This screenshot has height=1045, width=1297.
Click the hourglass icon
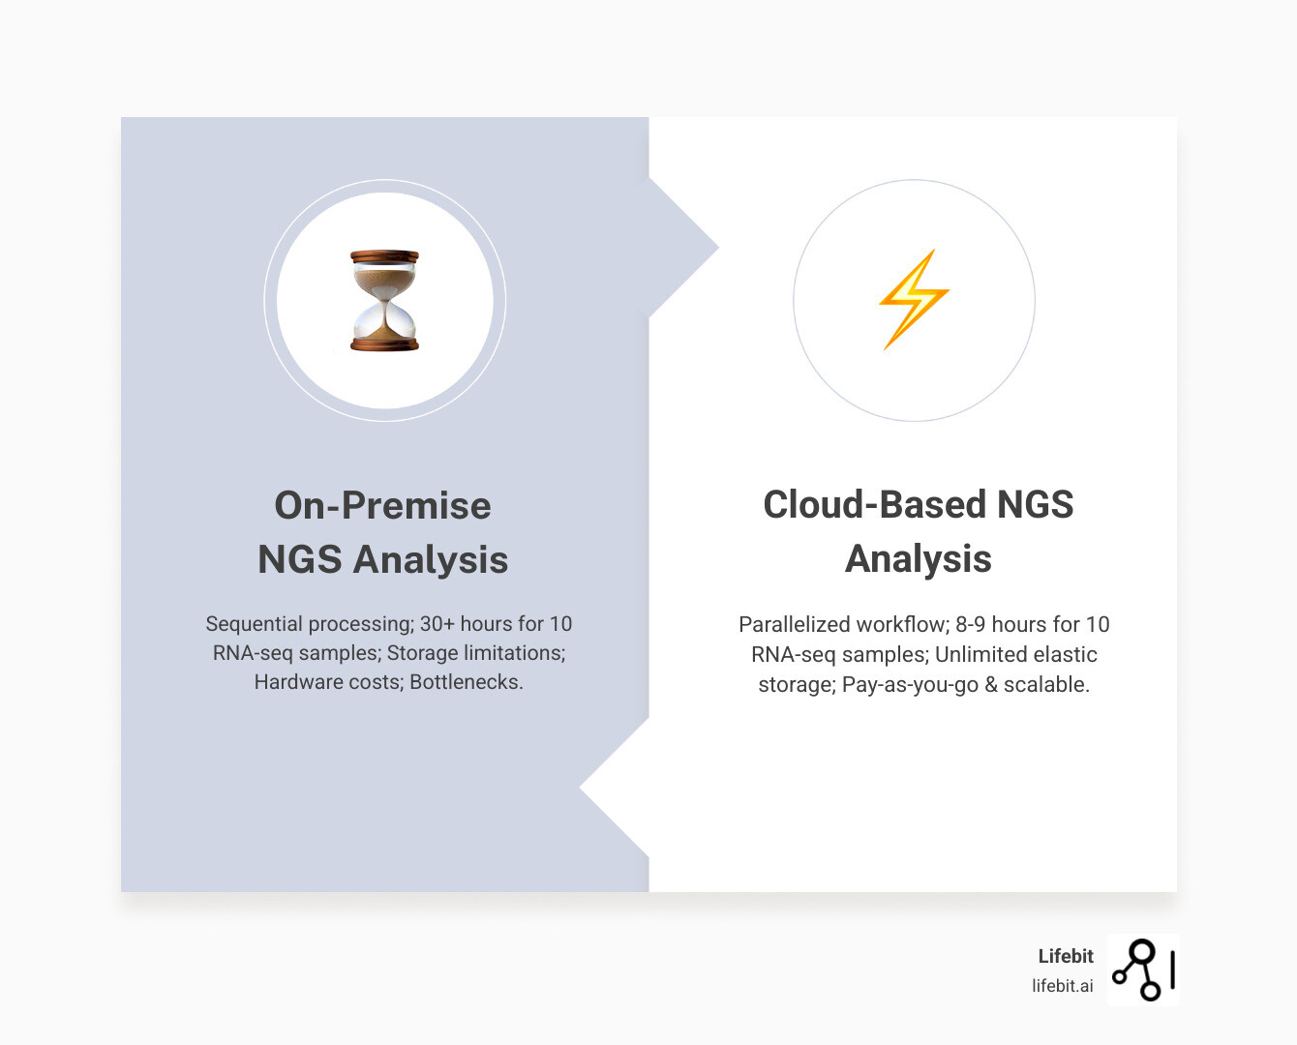pyautogui.click(x=384, y=300)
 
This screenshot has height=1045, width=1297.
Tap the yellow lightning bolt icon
pyautogui.click(x=914, y=299)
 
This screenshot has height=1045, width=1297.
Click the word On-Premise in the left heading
pyautogui.click(x=382, y=505)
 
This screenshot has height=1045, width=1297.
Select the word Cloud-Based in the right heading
pyautogui.click(x=872, y=504)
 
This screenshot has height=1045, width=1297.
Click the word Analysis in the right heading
pyautogui.click(x=918, y=558)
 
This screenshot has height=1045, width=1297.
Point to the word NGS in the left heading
pyautogui.click(x=299, y=559)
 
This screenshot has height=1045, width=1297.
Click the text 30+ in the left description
pyautogui.click(x=437, y=624)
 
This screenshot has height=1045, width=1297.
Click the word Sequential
pyautogui.click(x=254, y=624)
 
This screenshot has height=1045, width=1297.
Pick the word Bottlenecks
pyautogui.click(x=466, y=682)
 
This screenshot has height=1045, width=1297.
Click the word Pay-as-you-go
pyautogui.click(x=910, y=684)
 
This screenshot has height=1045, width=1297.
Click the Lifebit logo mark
pyautogui.click(x=1143, y=970)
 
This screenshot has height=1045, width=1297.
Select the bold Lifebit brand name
pyautogui.click(x=1065, y=956)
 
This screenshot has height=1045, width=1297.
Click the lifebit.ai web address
pyautogui.click(x=1062, y=986)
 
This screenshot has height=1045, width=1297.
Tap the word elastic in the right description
pyautogui.click(x=1065, y=654)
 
